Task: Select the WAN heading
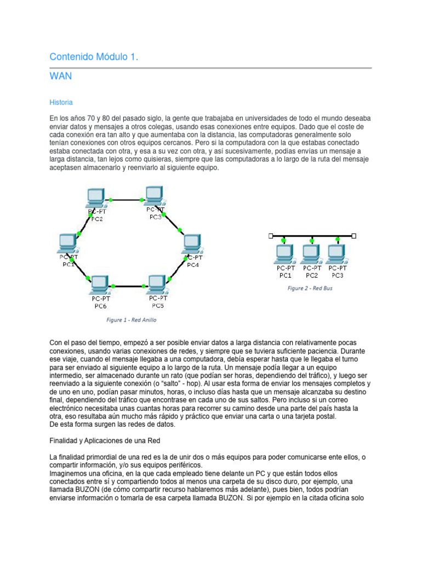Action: pos(60,76)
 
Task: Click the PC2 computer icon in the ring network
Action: pos(96,197)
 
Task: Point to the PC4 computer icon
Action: pos(192,243)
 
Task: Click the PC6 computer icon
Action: pos(100,284)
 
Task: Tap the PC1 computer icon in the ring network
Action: pos(68,243)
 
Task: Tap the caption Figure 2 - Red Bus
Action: pos(310,288)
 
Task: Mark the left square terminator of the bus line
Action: pos(271,236)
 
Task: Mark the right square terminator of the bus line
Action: pos(354,236)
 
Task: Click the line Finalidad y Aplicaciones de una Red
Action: pos(105,440)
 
